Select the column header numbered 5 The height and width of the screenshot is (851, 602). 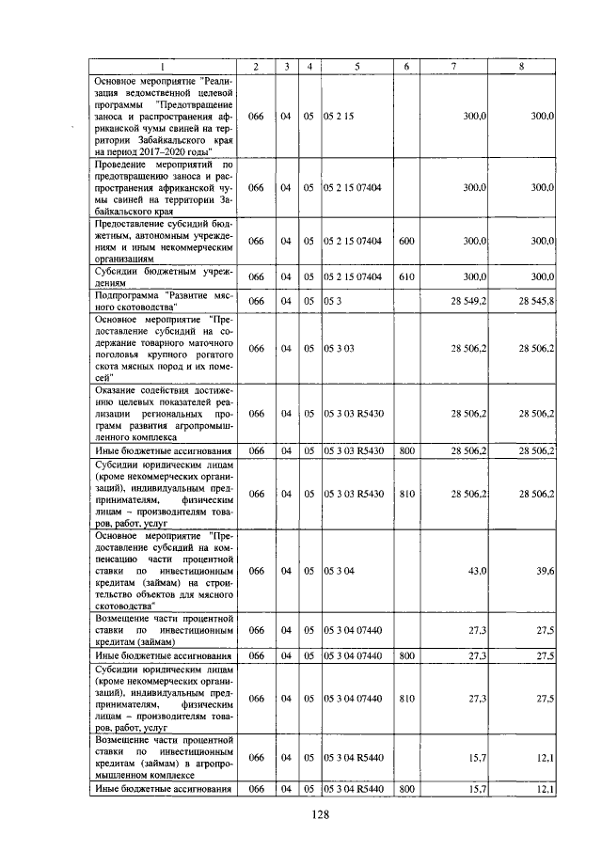357,66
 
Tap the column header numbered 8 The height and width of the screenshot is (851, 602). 521,66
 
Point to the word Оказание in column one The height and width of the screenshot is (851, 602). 120,388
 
